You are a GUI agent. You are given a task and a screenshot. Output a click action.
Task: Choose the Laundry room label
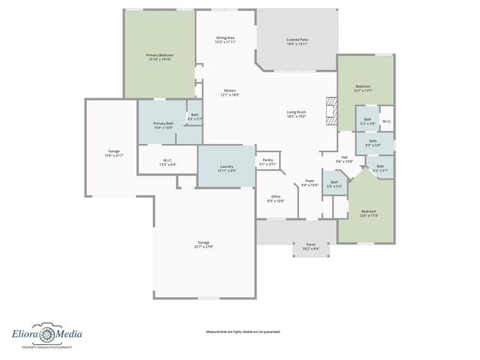(226, 168)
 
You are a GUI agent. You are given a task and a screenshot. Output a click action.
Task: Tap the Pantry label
(268, 162)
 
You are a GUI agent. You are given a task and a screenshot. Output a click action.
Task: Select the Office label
(275, 198)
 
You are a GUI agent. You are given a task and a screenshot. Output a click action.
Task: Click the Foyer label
(309, 182)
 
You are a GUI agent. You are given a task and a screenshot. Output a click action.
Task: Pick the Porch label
(310, 246)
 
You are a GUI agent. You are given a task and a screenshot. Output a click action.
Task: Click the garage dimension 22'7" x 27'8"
(203, 247)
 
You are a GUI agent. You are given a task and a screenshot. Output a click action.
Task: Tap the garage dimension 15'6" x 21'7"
(114, 155)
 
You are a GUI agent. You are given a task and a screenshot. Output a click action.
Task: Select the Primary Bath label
(163, 125)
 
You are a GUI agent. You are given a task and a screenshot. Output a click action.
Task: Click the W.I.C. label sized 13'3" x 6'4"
(168, 162)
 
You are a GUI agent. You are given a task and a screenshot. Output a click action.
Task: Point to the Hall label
(343, 159)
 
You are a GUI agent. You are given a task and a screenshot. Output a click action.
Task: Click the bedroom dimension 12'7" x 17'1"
(364, 91)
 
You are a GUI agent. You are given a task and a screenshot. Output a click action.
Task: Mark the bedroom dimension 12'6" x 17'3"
(369, 215)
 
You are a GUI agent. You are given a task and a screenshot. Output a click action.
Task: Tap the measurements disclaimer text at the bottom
(242, 331)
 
